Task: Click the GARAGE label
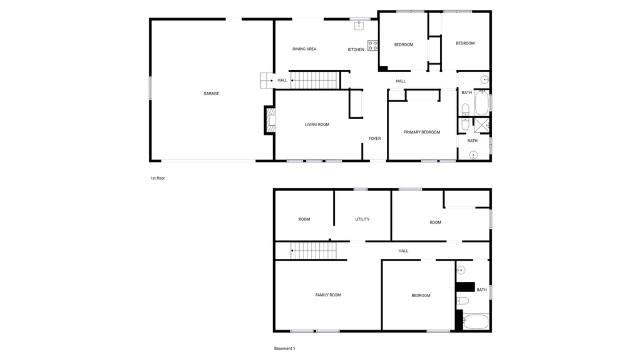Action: click(x=211, y=94)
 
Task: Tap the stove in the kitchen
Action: click(x=372, y=45)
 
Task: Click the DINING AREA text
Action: click(x=304, y=49)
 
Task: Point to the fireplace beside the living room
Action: click(x=269, y=120)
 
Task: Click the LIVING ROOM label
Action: click(x=317, y=125)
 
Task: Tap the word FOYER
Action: click(x=374, y=139)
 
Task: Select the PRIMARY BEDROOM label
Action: click(x=421, y=132)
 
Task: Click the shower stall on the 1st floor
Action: click(x=481, y=125)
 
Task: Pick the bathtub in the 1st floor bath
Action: click(x=481, y=102)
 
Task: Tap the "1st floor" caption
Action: click(x=157, y=178)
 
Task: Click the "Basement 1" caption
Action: click(x=284, y=348)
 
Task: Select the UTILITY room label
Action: click(x=362, y=219)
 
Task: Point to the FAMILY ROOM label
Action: click(x=328, y=295)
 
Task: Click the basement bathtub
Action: click(x=475, y=322)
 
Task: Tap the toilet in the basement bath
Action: click(x=463, y=301)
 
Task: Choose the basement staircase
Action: click(x=314, y=251)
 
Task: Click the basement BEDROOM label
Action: click(x=421, y=295)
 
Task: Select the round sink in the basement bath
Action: click(x=461, y=270)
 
